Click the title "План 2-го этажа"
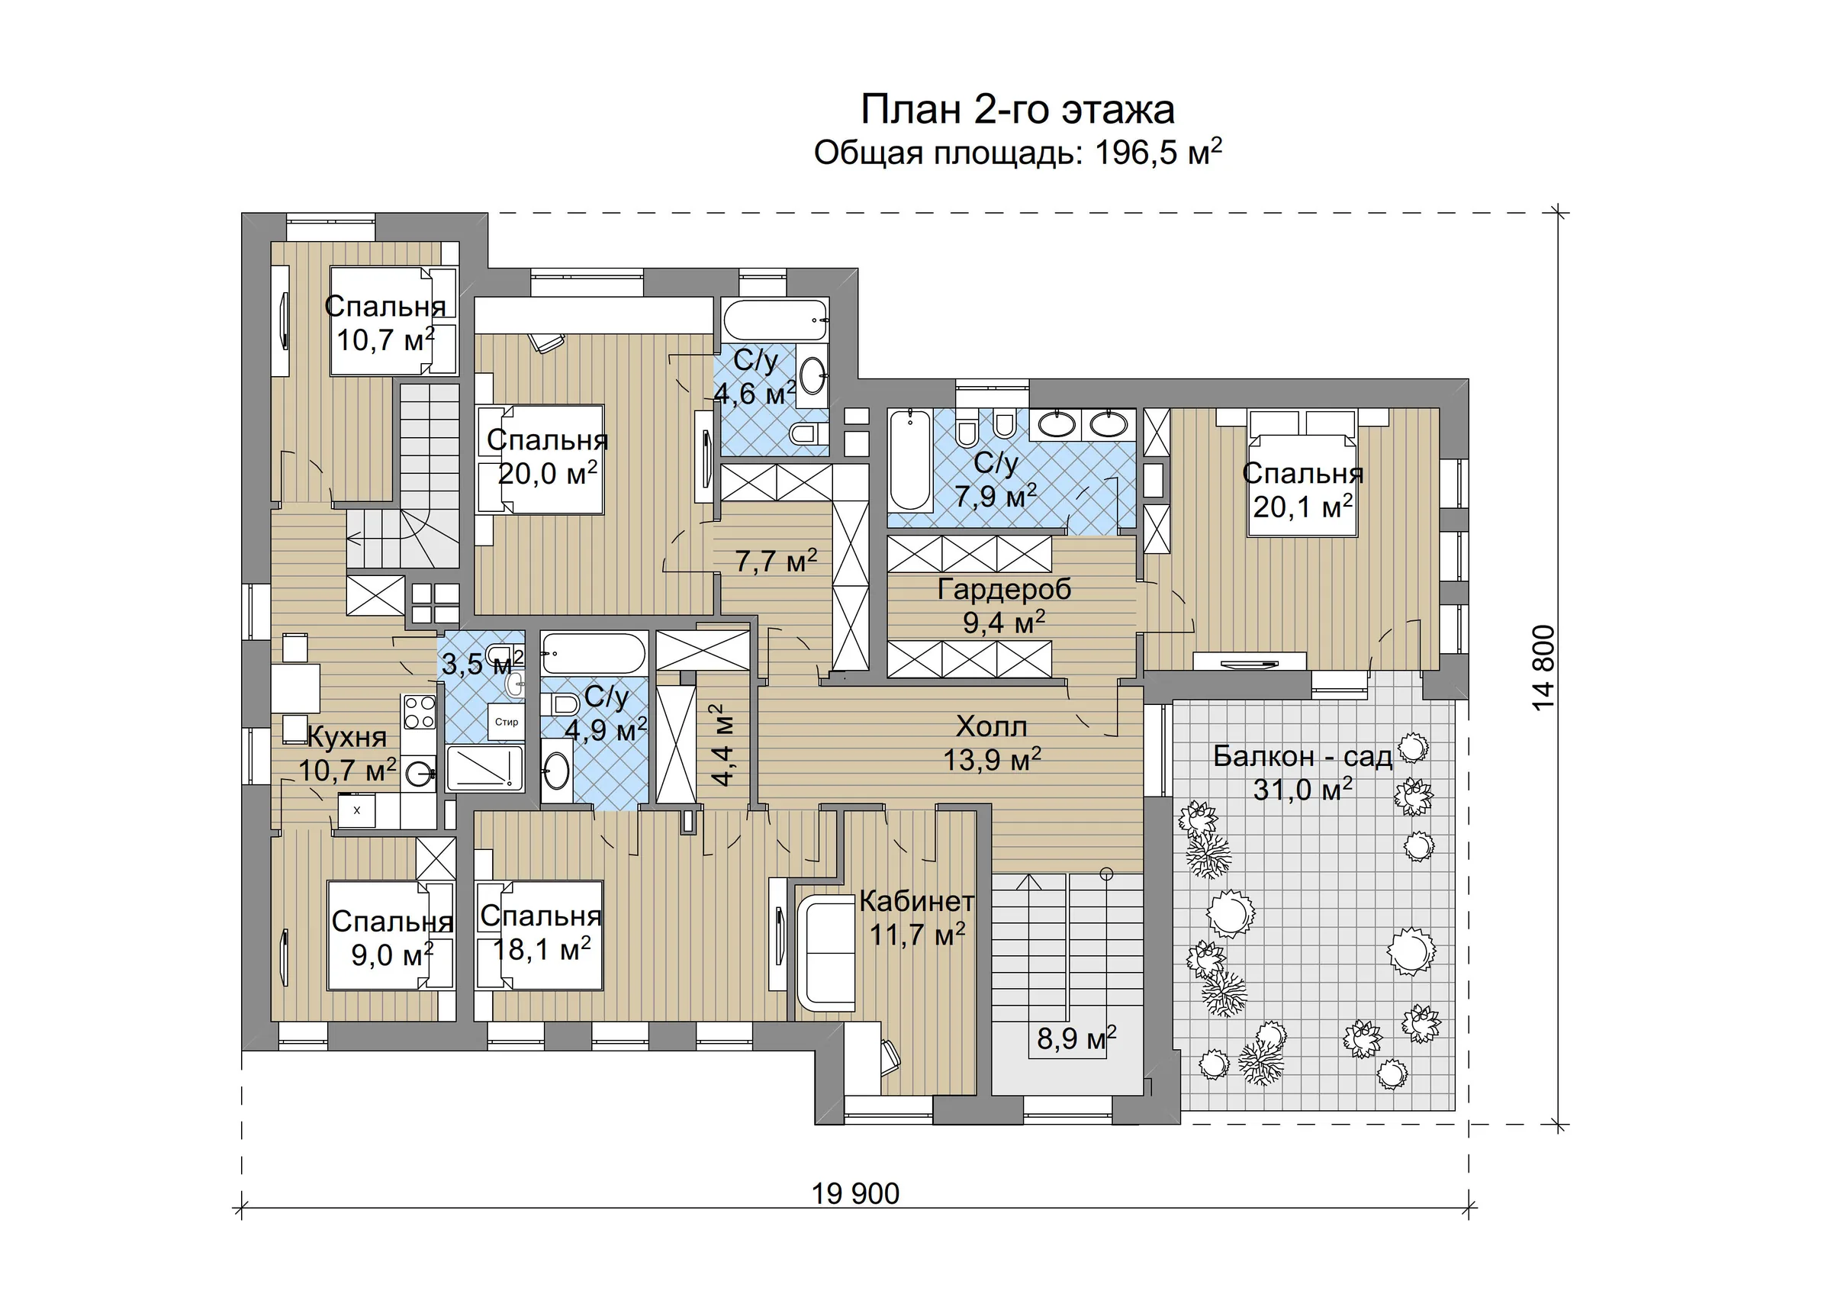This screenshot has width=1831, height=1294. (x=1018, y=109)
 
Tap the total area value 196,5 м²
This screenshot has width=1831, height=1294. (x=1158, y=152)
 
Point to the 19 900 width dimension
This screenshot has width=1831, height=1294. (x=855, y=1193)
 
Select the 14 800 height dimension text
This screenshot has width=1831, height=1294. (x=1543, y=667)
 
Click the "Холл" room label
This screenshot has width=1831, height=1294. (x=991, y=726)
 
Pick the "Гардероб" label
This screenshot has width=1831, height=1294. (x=1004, y=589)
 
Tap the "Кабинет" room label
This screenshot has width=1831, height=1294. (x=916, y=901)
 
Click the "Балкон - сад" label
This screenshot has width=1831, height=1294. (x=1302, y=756)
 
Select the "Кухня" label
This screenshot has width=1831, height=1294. (x=347, y=738)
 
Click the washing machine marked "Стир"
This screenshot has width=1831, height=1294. (x=507, y=722)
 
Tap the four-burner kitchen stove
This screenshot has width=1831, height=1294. (x=420, y=712)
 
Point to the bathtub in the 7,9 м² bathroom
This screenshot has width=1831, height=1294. (x=910, y=460)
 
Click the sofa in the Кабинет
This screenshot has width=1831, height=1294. (x=825, y=954)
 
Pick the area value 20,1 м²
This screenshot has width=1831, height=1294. (x=1302, y=507)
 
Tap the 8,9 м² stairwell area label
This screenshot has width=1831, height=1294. (x=1076, y=1038)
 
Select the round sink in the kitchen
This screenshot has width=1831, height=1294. (x=418, y=772)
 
